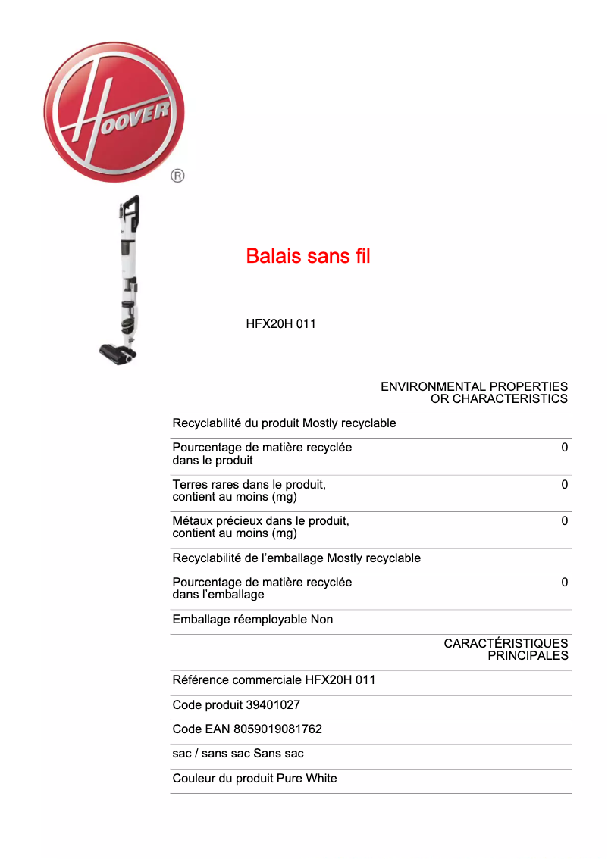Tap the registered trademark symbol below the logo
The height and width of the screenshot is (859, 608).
(x=177, y=176)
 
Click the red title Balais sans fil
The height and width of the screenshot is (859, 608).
(x=308, y=256)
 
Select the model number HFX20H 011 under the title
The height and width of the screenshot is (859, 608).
(x=280, y=324)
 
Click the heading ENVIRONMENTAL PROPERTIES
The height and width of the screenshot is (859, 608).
(x=474, y=386)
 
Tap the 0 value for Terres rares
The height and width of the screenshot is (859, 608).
(x=564, y=485)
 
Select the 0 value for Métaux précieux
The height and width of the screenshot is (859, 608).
(x=564, y=521)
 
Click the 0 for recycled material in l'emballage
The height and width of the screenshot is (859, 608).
(x=564, y=583)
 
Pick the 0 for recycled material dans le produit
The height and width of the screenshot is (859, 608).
(x=564, y=448)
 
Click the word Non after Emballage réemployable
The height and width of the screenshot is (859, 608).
(x=321, y=620)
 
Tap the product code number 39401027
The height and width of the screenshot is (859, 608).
(x=273, y=705)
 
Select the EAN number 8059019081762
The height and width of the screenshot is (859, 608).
(x=284, y=729)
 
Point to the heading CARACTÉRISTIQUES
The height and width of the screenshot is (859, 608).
(x=506, y=643)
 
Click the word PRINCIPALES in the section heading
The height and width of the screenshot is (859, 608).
(x=528, y=656)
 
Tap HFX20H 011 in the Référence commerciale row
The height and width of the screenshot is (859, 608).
(x=340, y=680)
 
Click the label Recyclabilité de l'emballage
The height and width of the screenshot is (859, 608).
(x=248, y=558)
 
